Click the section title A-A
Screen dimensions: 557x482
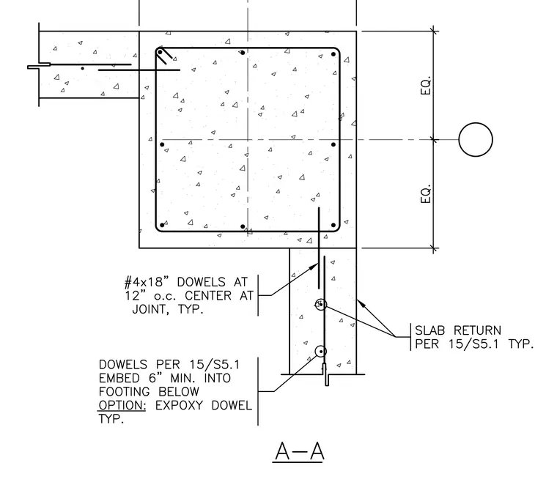click(x=299, y=451)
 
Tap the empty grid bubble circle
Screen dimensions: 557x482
click(x=476, y=139)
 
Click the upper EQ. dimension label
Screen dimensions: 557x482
click(x=425, y=85)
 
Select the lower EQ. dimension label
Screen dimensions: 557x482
click(x=425, y=194)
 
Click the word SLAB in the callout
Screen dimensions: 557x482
click(x=429, y=330)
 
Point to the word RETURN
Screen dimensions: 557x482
click(x=477, y=330)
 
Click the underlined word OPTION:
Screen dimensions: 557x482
click(x=122, y=405)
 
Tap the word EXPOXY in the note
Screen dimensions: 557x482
click(x=179, y=405)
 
